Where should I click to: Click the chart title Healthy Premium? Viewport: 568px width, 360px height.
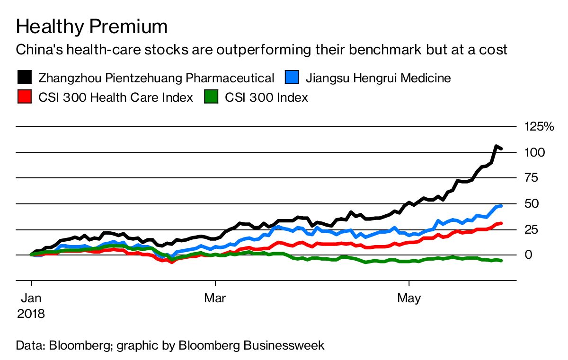(92, 27)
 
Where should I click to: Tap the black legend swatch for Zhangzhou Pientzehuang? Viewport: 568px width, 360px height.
(25, 77)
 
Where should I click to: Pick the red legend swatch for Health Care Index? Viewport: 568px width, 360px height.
(25, 97)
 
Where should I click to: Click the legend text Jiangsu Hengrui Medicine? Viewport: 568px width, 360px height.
(378, 78)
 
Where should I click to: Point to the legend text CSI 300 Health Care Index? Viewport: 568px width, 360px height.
(115, 98)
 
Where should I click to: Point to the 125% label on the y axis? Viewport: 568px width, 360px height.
(538, 126)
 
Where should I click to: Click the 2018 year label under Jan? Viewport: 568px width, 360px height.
(31, 313)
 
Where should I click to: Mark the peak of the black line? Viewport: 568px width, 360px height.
(496, 147)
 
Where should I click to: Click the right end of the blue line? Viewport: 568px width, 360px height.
(501, 206)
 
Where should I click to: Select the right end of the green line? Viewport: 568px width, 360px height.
(501, 261)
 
